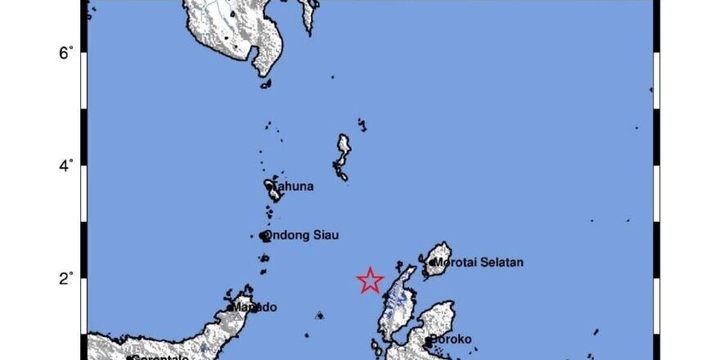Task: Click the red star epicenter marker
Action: (371, 281)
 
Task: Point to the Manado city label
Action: (254, 308)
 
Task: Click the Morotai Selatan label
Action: (478, 263)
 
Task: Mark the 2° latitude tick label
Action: (65, 277)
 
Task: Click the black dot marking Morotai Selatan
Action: (431, 263)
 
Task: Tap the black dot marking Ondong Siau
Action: (263, 236)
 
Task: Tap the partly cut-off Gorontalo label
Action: (160, 357)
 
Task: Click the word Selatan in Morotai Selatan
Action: (502, 263)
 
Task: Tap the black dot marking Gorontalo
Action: (129, 358)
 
